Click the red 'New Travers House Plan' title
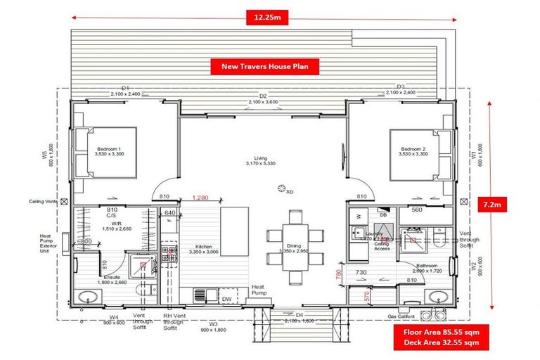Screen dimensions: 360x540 [x=265, y=67]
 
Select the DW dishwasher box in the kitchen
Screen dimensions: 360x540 [x=226, y=299]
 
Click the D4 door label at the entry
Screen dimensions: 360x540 [x=299, y=316]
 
